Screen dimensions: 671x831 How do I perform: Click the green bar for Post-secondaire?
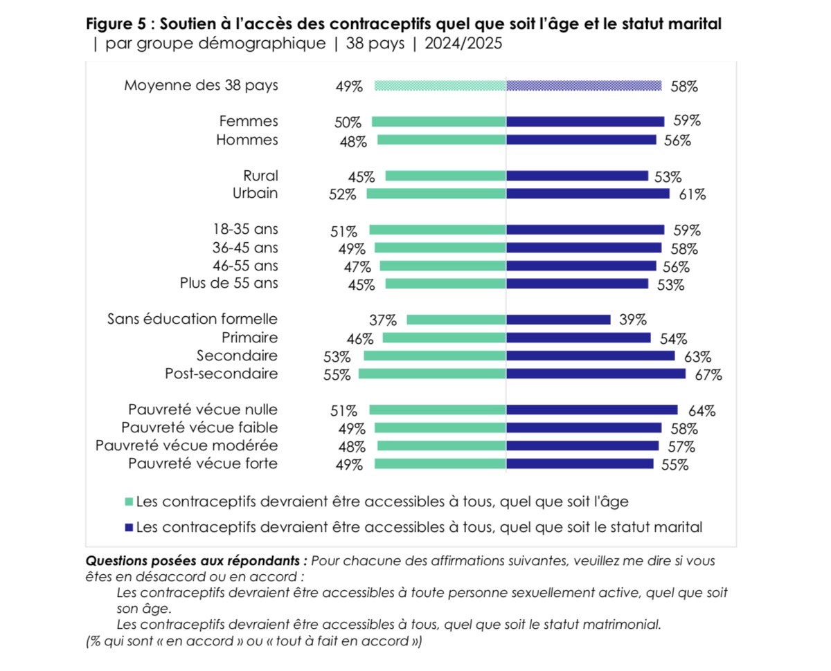(x=432, y=374)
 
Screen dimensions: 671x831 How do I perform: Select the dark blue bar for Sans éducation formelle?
(x=558, y=320)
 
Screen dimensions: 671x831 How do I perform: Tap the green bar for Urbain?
(x=436, y=194)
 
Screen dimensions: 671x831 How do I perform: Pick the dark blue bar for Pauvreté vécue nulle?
(x=591, y=410)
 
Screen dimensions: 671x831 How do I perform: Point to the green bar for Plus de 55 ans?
(x=445, y=284)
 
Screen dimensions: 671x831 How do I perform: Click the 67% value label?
(x=708, y=375)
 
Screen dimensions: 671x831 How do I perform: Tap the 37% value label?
(x=383, y=320)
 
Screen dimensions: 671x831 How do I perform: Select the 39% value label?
(x=632, y=320)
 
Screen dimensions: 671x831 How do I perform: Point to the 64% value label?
(x=701, y=411)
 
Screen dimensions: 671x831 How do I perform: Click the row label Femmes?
(x=248, y=122)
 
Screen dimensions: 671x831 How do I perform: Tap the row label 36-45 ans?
(x=245, y=248)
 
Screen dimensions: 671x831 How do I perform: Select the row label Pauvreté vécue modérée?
(x=186, y=445)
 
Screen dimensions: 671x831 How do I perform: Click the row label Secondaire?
(x=237, y=356)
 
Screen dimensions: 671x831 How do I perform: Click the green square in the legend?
(x=128, y=501)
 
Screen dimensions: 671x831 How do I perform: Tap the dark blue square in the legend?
(x=128, y=527)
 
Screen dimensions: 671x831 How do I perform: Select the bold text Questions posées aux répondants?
(x=196, y=560)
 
